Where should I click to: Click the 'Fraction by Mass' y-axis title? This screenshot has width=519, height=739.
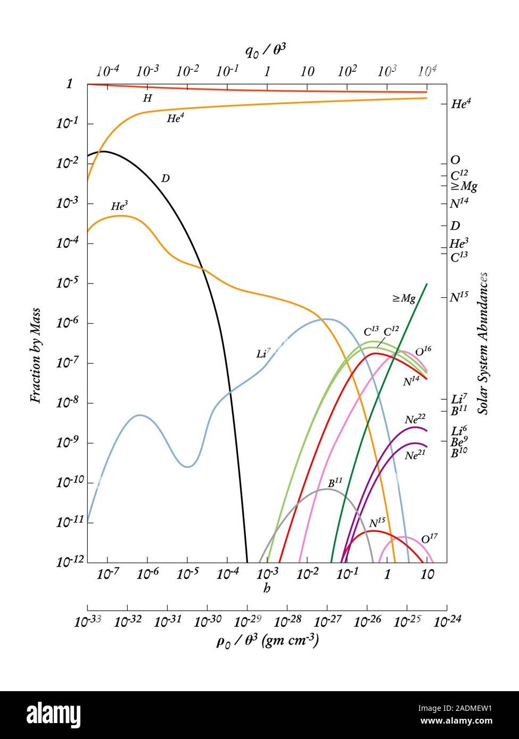[x=35, y=355]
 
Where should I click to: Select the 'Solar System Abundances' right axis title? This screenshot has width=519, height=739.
[x=483, y=343]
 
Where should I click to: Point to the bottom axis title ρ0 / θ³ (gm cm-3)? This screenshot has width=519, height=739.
[x=267, y=641]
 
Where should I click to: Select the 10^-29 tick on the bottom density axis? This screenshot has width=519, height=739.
[x=247, y=621]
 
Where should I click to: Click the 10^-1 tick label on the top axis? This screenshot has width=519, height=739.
[x=227, y=71]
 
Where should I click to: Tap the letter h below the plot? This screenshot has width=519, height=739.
[x=267, y=588]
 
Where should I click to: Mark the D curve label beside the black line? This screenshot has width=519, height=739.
[x=165, y=179]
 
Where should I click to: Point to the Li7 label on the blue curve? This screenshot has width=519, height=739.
[x=263, y=353]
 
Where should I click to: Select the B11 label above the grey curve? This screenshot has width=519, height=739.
[x=334, y=483]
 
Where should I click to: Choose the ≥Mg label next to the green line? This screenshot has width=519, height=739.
[x=403, y=299]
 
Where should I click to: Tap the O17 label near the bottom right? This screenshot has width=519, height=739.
[x=429, y=539]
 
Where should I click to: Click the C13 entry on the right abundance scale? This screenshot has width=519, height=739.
[x=459, y=257]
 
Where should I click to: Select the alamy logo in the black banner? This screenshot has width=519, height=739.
[x=53, y=715]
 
